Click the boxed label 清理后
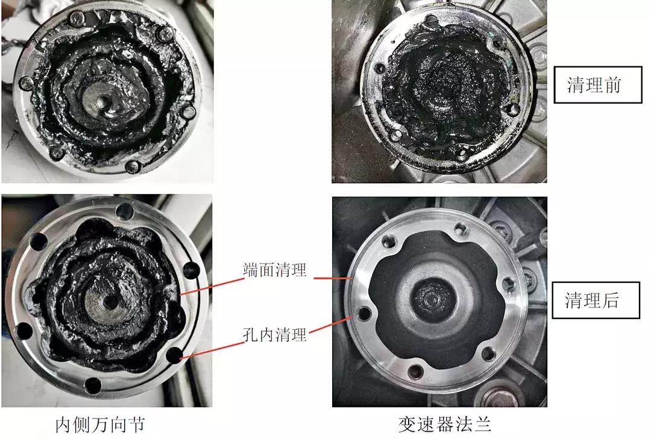tap(595, 300)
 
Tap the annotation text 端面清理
tap(275, 270)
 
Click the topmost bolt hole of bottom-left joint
tap(125, 210)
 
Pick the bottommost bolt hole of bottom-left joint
tap(92, 384)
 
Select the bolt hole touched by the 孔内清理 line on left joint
tap(175, 355)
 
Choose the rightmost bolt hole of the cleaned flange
tap(508, 285)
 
